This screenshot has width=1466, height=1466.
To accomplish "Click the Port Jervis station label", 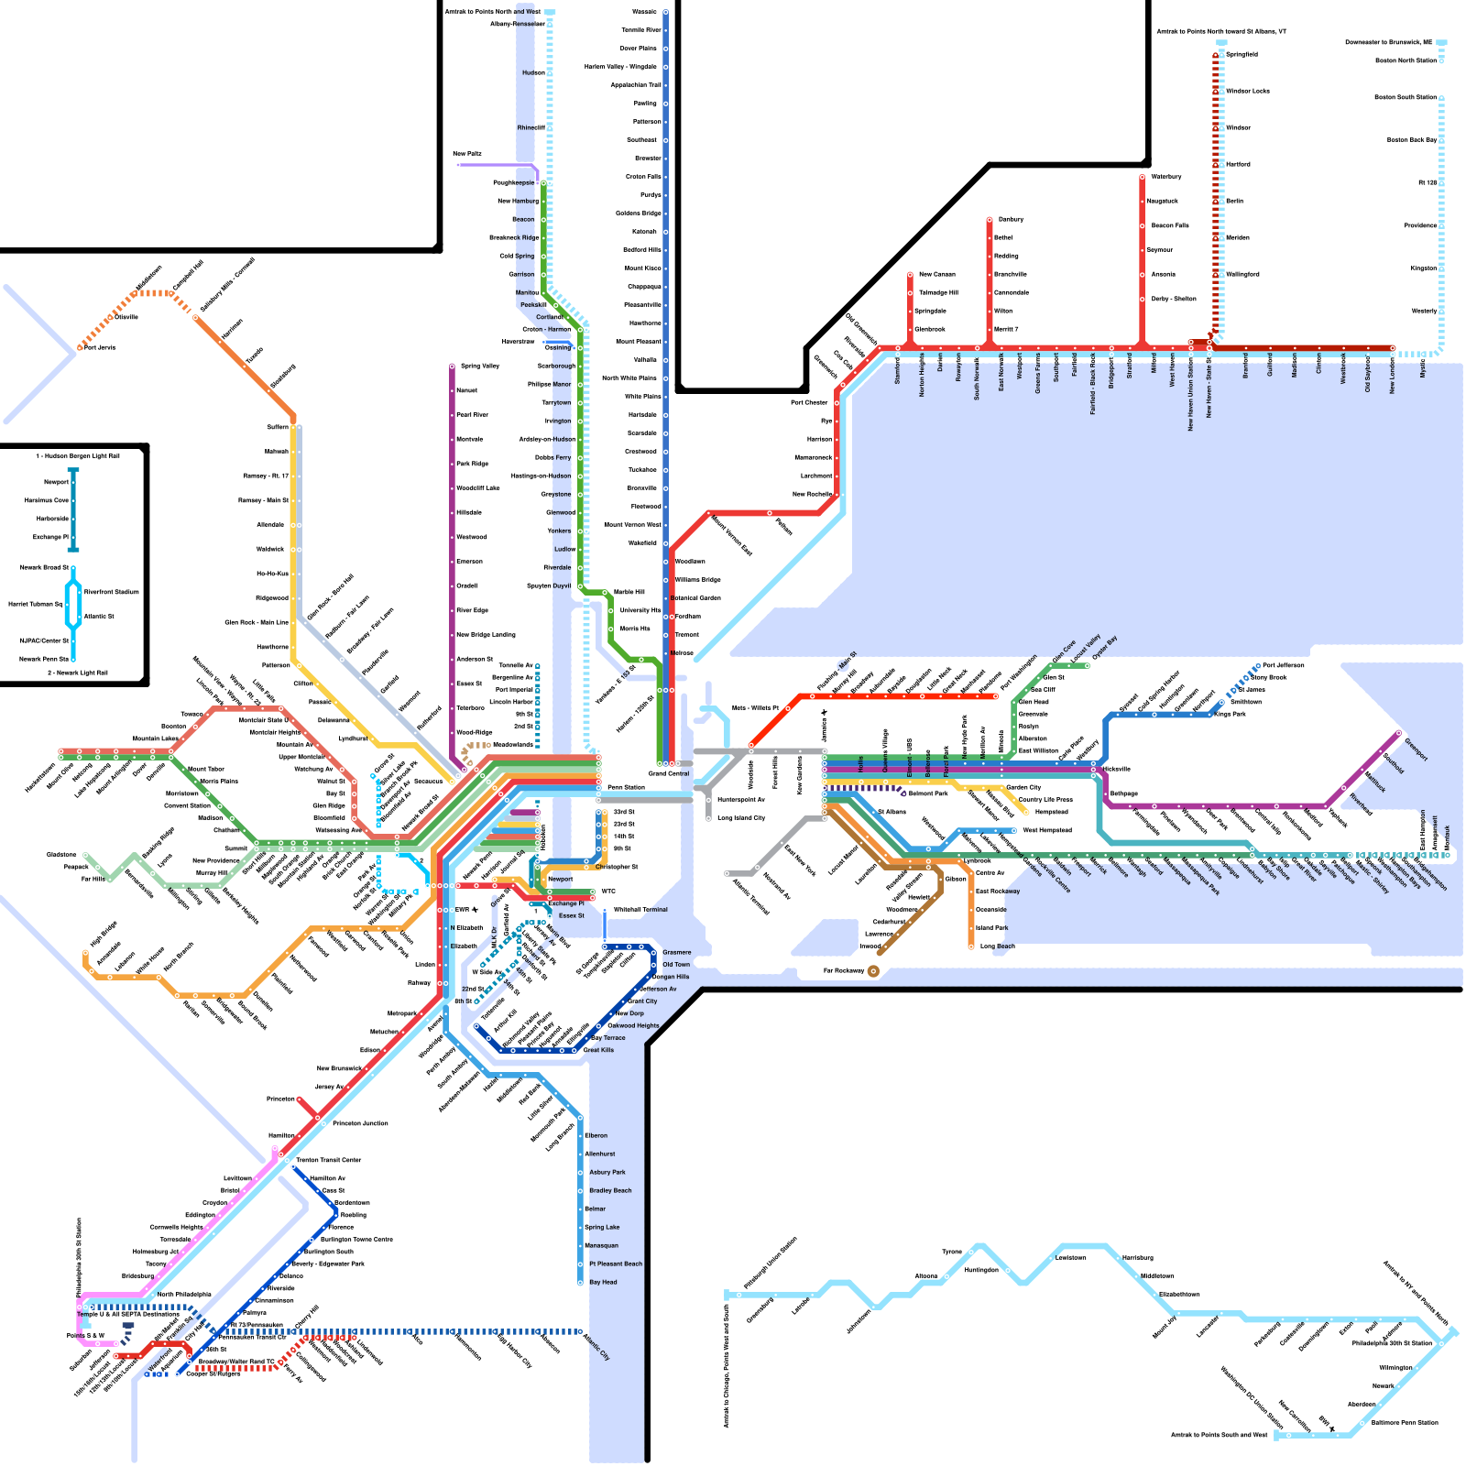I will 100,347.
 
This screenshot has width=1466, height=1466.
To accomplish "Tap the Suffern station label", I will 278,427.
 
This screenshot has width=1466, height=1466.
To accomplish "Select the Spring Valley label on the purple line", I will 480,366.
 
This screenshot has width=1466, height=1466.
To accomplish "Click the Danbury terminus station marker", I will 990,220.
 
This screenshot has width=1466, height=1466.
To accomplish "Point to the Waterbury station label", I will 1165,177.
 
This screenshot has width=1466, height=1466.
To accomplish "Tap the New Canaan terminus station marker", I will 911,274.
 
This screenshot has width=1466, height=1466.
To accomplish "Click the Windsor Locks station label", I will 1247,91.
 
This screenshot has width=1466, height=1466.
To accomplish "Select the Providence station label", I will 1420,225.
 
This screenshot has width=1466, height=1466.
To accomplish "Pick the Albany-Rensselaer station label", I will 517,24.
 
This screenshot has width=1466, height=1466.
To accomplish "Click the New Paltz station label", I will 466,154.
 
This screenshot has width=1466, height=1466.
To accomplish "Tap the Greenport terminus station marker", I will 1399,732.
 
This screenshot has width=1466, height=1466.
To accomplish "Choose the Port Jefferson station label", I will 1283,665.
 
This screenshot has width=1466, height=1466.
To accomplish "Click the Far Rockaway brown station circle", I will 873,971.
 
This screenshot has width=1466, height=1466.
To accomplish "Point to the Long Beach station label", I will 997,946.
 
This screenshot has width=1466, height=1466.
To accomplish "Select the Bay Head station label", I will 603,1282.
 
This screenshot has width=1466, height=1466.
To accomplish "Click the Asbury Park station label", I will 607,1172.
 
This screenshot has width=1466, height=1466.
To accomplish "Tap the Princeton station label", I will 280,1099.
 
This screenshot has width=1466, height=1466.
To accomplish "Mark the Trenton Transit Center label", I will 328,1160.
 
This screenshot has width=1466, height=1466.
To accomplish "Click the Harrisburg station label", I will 1137,1258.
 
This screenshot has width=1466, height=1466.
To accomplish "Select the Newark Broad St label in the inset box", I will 44,567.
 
